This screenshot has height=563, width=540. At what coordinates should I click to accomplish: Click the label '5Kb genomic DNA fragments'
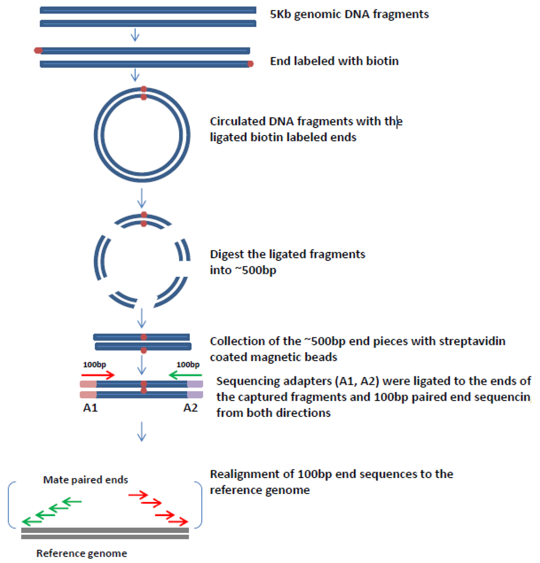coord(349,14)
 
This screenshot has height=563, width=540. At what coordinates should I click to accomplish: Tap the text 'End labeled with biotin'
coord(334,61)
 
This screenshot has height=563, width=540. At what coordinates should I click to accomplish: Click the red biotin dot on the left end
coord(38,51)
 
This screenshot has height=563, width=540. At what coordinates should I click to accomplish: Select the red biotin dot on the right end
coord(250,64)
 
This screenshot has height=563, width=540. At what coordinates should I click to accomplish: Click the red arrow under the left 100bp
coord(98,375)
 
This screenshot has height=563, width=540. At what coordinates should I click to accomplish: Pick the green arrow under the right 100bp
coord(184,375)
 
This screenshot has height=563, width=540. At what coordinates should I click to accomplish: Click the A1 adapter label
coord(88,407)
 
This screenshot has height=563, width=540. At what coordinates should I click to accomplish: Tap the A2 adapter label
coord(191,407)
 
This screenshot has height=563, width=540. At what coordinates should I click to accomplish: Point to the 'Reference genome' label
coord(82,554)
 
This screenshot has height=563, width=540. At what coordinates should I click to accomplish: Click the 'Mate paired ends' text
coord(85,480)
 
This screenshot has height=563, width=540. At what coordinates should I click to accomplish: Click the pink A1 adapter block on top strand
coord(88,384)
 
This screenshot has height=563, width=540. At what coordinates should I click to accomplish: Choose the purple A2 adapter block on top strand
coord(195,384)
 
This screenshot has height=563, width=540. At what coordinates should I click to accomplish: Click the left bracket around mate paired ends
coord(12,504)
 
